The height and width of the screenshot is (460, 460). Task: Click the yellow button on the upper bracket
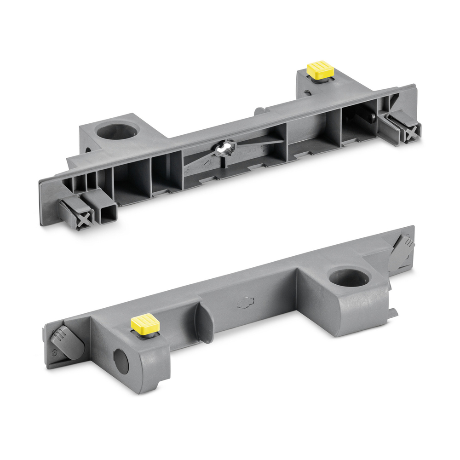click(320, 69)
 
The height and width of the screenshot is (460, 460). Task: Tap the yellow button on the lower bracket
click(145, 323)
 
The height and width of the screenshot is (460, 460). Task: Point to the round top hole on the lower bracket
click(350, 277)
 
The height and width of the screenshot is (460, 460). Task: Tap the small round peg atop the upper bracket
click(259, 110)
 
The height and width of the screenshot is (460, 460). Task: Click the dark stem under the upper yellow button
click(320, 80)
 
